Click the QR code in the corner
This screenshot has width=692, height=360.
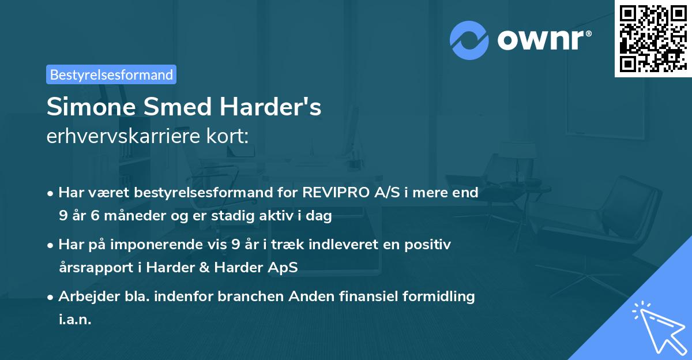[653, 38]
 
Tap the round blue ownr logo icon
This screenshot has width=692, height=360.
[469, 40]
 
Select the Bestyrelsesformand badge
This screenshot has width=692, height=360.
[111, 74]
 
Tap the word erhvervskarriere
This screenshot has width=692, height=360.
[119, 137]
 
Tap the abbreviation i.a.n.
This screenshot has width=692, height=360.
[75, 320]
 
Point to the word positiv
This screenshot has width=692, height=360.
[428, 245]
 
